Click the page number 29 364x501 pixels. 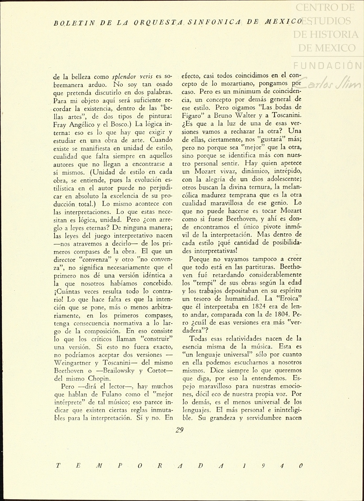(179, 430)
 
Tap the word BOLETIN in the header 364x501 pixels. (74, 23)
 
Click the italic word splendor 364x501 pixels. (124, 77)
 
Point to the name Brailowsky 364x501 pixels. (119, 371)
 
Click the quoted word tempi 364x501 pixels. (204, 283)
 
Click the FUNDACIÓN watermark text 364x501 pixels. (328, 65)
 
